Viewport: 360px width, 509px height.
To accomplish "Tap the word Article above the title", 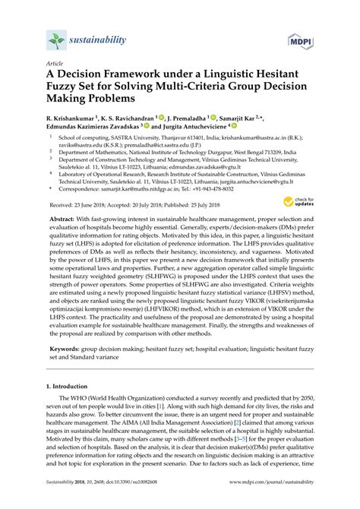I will pos(55,66).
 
